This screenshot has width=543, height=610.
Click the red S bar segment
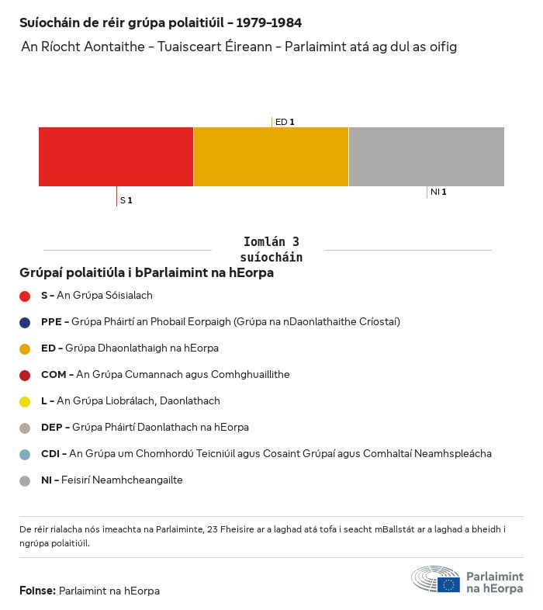coord(116,157)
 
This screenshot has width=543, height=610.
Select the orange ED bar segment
coord(271,157)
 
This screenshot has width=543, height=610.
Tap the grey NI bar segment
coord(427,157)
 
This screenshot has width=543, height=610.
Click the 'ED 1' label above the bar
coord(285,122)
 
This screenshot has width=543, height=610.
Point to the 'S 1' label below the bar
coord(126,200)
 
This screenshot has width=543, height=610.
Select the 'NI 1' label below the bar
coord(438,192)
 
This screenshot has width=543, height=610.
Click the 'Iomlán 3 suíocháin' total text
coord(271,249)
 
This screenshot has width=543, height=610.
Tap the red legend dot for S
coord(25,296)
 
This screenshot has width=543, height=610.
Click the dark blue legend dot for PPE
coord(25,322)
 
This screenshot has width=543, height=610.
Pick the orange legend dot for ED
coord(25,348)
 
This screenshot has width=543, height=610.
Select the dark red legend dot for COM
coord(25,375)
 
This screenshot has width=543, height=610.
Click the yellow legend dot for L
coord(25,401)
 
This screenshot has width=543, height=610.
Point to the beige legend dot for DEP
coord(25,428)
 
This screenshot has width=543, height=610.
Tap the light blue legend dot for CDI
coord(25,454)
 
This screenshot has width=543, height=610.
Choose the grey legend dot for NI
coord(25,480)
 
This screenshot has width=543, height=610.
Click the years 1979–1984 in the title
coord(271,23)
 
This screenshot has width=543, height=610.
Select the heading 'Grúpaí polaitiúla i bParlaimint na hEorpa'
coord(147,273)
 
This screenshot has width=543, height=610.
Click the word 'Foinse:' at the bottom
coord(37,591)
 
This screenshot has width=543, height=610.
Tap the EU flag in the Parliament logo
coord(448,584)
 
